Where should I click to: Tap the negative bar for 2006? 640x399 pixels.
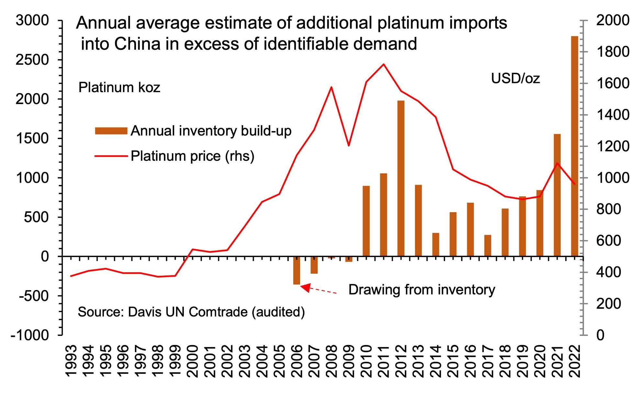pos(297,270)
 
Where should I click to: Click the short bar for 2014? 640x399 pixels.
pos(436,244)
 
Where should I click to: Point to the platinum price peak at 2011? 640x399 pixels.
pos(383,64)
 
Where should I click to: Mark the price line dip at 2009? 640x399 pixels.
pos(349,146)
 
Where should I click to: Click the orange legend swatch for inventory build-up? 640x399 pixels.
pos(111,131)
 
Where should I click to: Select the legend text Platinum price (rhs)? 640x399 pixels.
pos(192,156)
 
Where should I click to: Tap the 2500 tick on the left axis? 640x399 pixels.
pos(32,60)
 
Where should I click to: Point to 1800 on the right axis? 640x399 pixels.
pos(613,52)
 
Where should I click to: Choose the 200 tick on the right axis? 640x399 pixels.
pos(609,304)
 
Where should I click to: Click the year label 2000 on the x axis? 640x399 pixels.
pos(192,361)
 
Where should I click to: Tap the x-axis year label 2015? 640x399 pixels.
pos(453,361)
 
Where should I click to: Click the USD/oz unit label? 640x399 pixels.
pos(515,79)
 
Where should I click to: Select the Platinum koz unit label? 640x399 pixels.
pos(119,88)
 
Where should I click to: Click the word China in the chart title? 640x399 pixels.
pos(137,44)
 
